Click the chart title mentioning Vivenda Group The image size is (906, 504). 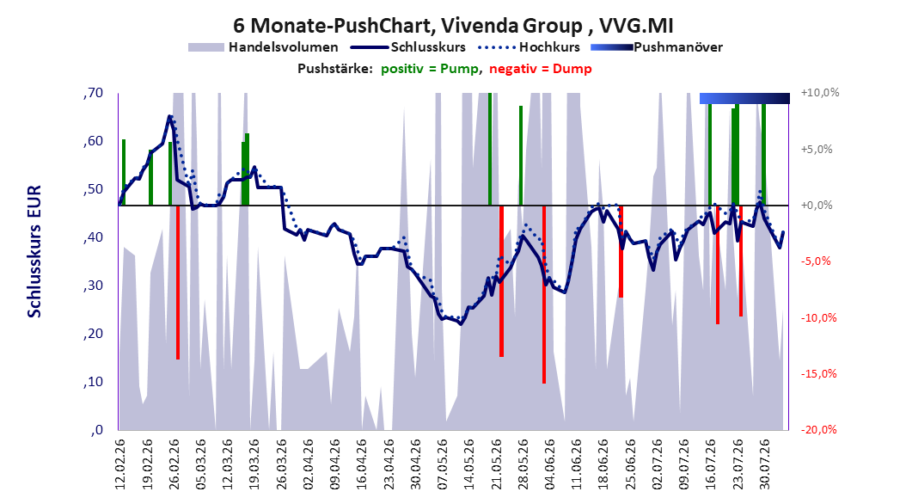pyautogui.click(x=453, y=26)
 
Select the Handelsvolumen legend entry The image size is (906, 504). pyautogui.click(x=263, y=47)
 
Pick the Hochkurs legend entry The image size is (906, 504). pyautogui.click(x=529, y=47)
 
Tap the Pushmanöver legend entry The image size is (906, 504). pyautogui.click(x=657, y=47)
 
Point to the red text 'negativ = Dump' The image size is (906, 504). pyautogui.click(x=541, y=69)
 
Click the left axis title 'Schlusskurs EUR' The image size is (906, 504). pyautogui.click(x=34, y=251)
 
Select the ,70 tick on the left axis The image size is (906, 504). pyautogui.click(x=93, y=93)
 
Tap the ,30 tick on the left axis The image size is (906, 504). pyautogui.click(x=93, y=286)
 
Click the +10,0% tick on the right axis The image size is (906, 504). pyautogui.click(x=820, y=93)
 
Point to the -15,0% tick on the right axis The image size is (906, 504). pyautogui.click(x=818, y=374)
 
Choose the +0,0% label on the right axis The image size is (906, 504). pyautogui.click(x=817, y=206)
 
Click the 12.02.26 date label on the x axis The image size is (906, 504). pyautogui.click(x=120, y=464)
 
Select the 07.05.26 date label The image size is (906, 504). pyautogui.click(x=443, y=464)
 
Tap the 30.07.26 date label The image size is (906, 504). pyautogui.click(x=765, y=464)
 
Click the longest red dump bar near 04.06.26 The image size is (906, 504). pyautogui.click(x=544, y=294)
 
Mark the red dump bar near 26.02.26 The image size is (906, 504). pyautogui.click(x=178, y=282)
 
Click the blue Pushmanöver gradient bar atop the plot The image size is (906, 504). pyautogui.click(x=744, y=98)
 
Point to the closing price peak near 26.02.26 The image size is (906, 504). pyautogui.click(x=170, y=116)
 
